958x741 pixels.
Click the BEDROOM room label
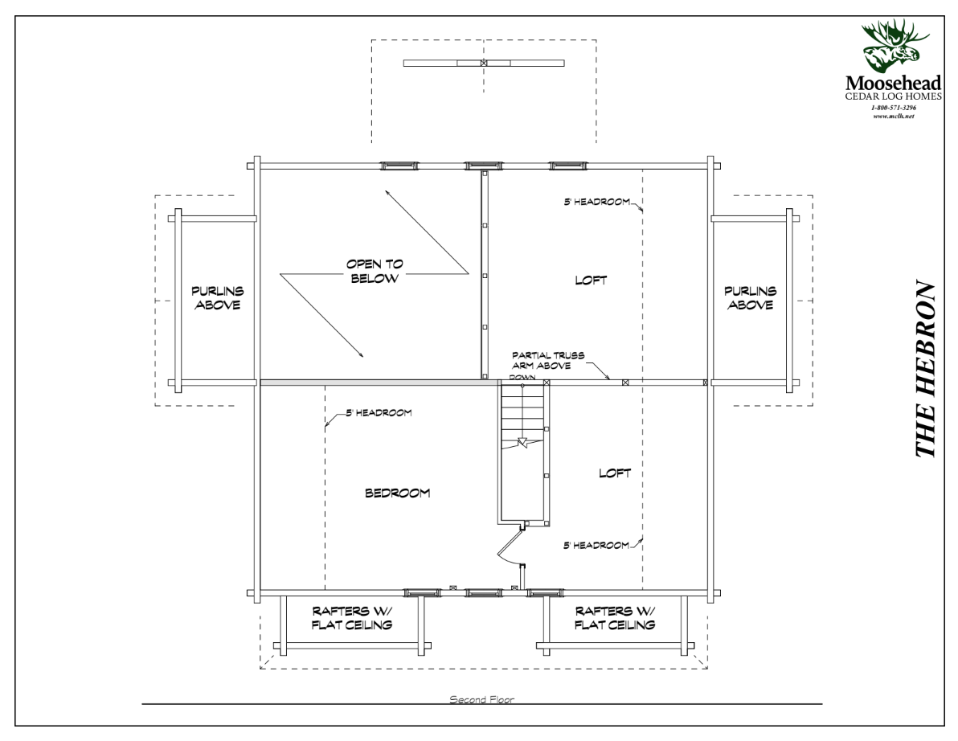coord(397,493)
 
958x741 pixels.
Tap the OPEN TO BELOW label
coord(374,272)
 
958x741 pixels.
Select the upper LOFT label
coord(591,280)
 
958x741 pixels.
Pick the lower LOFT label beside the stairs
coord(615,473)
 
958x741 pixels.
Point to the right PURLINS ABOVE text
coord(750,298)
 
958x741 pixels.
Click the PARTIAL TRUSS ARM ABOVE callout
coord(553,359)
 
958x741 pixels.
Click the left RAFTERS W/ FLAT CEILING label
coord(354,617)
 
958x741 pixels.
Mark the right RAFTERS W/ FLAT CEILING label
coord(616,617)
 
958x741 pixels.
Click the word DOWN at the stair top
coord(522,376)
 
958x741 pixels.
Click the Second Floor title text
coord(481,700)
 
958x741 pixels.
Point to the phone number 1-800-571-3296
coord(894,108)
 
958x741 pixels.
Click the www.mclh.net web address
coord(894,116)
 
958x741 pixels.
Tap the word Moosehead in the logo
coord(894,83)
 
